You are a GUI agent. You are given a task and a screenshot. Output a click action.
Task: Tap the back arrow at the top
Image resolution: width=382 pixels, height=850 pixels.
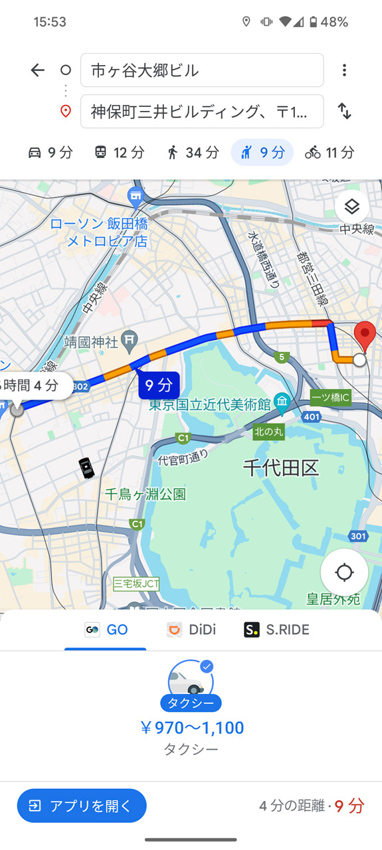[x=37, y=70]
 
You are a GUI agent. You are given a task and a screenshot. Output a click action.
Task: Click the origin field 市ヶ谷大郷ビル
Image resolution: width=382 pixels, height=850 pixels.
[x=201, y=70]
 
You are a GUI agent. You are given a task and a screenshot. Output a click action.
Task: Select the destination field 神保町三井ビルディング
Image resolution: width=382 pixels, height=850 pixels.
[x=201, y=112]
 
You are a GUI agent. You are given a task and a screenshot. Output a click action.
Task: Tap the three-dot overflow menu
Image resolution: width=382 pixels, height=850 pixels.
[x=344, y=70]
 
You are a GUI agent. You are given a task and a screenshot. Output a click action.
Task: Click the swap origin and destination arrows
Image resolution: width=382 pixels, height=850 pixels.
[x=344, y=111]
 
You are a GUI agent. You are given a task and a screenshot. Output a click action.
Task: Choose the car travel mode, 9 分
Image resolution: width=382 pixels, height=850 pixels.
[x=50, y=153]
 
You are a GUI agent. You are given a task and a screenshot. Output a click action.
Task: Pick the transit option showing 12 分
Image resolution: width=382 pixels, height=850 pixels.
[x=119, y=153]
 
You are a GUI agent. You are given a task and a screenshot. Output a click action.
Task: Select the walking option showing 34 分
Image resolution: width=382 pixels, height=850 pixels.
[x=193, y=153]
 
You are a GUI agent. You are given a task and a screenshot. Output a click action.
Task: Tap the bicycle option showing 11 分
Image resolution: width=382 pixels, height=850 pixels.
[x=330, y=153]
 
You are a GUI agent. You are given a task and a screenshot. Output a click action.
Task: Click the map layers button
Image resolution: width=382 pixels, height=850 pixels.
[x=351, y=207]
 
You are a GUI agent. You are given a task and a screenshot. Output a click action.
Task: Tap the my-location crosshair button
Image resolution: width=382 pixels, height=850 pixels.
[x=344, y=572]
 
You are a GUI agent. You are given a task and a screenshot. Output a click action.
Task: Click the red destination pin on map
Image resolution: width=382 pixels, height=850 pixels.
[x=364, y=335]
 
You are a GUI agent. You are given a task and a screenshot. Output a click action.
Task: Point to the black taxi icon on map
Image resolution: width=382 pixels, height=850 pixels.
[x=86, y=468]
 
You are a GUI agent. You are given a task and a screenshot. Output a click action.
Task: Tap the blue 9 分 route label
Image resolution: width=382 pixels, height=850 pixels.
[x=159, y=385]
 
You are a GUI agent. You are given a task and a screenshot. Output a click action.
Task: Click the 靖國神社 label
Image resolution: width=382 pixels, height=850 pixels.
[x=91, y=343]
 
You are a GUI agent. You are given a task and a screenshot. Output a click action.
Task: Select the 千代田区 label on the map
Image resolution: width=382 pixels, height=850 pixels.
[x=280, y=467]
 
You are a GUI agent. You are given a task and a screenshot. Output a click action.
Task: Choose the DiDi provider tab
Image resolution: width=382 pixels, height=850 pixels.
[x=191, y=630]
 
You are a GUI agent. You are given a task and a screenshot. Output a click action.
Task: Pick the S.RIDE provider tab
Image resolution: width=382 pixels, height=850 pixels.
[x=276, y=630]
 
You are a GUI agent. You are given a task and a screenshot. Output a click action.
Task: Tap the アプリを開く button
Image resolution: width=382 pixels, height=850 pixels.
[x=82, y=806]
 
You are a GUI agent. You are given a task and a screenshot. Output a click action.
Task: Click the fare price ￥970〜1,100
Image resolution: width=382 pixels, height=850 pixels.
[x=191, y=728]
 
